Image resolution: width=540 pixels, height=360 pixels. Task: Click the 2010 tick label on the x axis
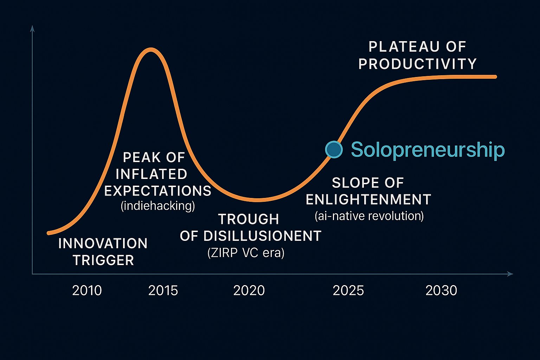click(87, 290)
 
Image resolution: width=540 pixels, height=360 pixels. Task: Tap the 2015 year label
click(163, 290)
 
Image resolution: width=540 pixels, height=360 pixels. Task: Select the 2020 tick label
click(249, 290)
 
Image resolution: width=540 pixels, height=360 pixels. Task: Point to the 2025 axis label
click(348, 290)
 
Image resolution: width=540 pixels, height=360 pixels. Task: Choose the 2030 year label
click(441, 290)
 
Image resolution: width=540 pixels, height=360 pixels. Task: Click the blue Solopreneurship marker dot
click(334, 149)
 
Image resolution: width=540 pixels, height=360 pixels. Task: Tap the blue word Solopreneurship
click(427, 150)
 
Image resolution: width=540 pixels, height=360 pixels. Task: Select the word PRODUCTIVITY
click(417, 64)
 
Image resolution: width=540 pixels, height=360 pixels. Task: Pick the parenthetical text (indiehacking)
click(157, 206)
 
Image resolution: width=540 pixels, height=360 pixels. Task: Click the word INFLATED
click(151, 174)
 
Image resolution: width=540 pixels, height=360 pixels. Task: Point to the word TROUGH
click(249, 219)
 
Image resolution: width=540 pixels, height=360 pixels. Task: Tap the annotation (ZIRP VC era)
click(246, 253)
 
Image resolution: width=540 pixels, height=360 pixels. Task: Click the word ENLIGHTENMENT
click(368, 199)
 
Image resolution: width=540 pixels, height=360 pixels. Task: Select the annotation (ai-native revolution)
click(369, 216)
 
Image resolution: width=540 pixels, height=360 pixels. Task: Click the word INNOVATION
click(103, 243)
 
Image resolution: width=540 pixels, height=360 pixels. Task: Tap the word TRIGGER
click(103, 260)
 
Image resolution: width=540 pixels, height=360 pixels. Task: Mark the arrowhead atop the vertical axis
click(32, 28)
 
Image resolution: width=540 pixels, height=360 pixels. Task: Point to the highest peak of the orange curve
click(151, 50)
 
